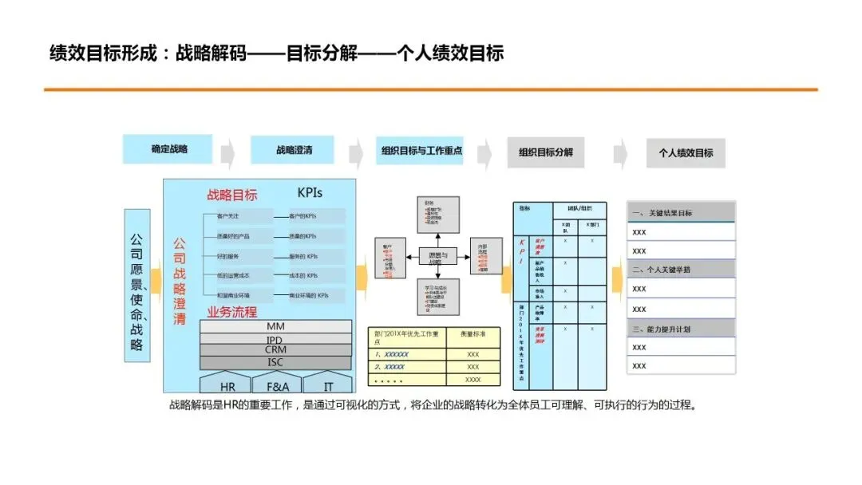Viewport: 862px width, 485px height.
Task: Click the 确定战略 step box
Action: click(x=169, y=149)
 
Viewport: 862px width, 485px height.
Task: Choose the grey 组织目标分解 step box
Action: click(x=546, y=152)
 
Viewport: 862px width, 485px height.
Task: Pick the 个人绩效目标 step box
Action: click(x=686, y=152)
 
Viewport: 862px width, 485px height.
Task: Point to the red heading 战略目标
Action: click(x=232, y=195)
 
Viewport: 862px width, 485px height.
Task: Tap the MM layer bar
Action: click(x=275, y=326)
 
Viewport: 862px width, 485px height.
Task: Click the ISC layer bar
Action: click(x=275, y=363)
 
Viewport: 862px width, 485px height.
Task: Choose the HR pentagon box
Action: click(x=227, y=384)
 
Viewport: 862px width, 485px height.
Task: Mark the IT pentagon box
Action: click(x=327, y=384)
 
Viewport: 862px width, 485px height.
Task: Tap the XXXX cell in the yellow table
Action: click(x=473, y=380)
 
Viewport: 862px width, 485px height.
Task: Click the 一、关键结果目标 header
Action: click(x=681, y=213)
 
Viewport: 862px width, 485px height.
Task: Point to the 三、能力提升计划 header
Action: click(x=681, y=328)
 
